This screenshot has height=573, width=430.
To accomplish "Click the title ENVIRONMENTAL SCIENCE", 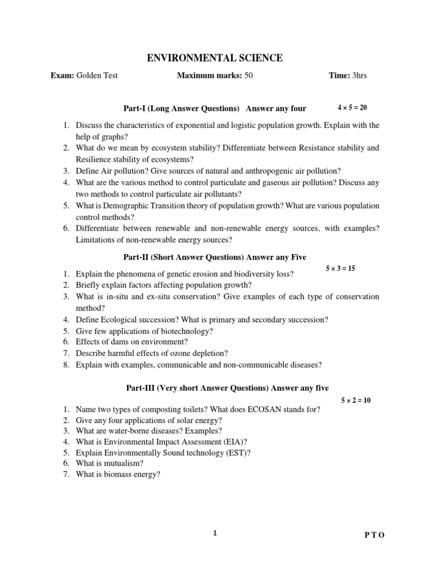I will pyautogui.click(x=214, y=58).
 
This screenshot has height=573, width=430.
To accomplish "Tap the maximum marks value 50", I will pyautogui.click(x=249, y=76).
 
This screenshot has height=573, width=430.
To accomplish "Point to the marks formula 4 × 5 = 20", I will pyautogui.click(x=352, y=107).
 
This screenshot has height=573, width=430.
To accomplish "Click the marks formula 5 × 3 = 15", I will pyautogui.click(x=340, y=269).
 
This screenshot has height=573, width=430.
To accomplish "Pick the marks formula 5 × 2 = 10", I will pyautogui.click(x=356, y=400).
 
